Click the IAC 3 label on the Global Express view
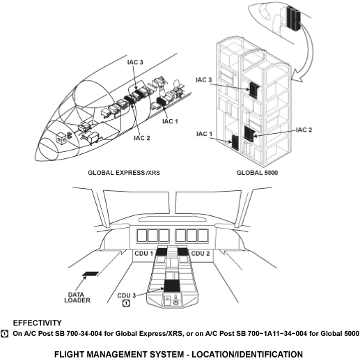click(x=135, y=62)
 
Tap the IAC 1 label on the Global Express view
click(x=170, y=121)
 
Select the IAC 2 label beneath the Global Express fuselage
click(x=142, y=138)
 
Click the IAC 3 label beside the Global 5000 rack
click(x=204, y=80)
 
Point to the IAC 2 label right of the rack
click(x=304, y=130)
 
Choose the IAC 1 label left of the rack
click(x=204, y=134)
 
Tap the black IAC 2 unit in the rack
click(x=249, y=134)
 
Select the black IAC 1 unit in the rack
click(x=235, y=142)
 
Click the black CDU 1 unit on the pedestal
click(x=162, y=252)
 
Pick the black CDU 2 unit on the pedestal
click(x=183, y=252)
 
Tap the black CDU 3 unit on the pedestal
click(x=172, y=286)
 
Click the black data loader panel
click(x=91, y=274)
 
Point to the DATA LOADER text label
click(x=77, y=298)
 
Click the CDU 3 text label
click(x=127, y=295)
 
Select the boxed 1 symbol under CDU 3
click(x=126, y=303)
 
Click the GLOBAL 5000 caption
click(x=257, y=173)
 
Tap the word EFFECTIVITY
click(x=37, y=323)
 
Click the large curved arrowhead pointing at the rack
click(x=297, y=77)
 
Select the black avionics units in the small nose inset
click(x=293, y=18)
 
